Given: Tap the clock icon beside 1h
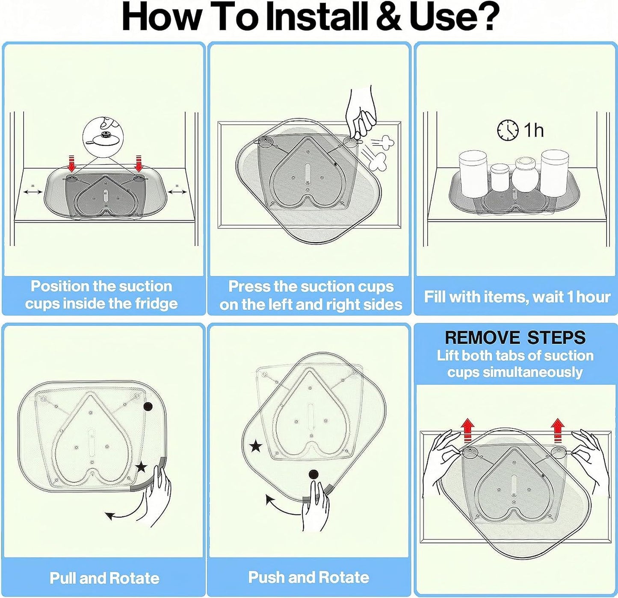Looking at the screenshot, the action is [x=508, y=130].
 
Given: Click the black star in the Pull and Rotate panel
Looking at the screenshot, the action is [x=141, y=467].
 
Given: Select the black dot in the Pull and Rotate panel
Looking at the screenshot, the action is [x=148, y=406].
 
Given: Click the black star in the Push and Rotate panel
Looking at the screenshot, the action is [x=256, y=446].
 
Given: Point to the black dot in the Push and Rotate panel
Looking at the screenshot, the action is [x=314, y=474].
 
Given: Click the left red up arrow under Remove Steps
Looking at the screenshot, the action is [x=467, y=430].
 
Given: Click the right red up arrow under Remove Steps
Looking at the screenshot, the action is [x=558, y=430].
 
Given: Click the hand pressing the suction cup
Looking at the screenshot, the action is [x=361, y=114].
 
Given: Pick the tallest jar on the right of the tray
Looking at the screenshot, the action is [x=553, y=173].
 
